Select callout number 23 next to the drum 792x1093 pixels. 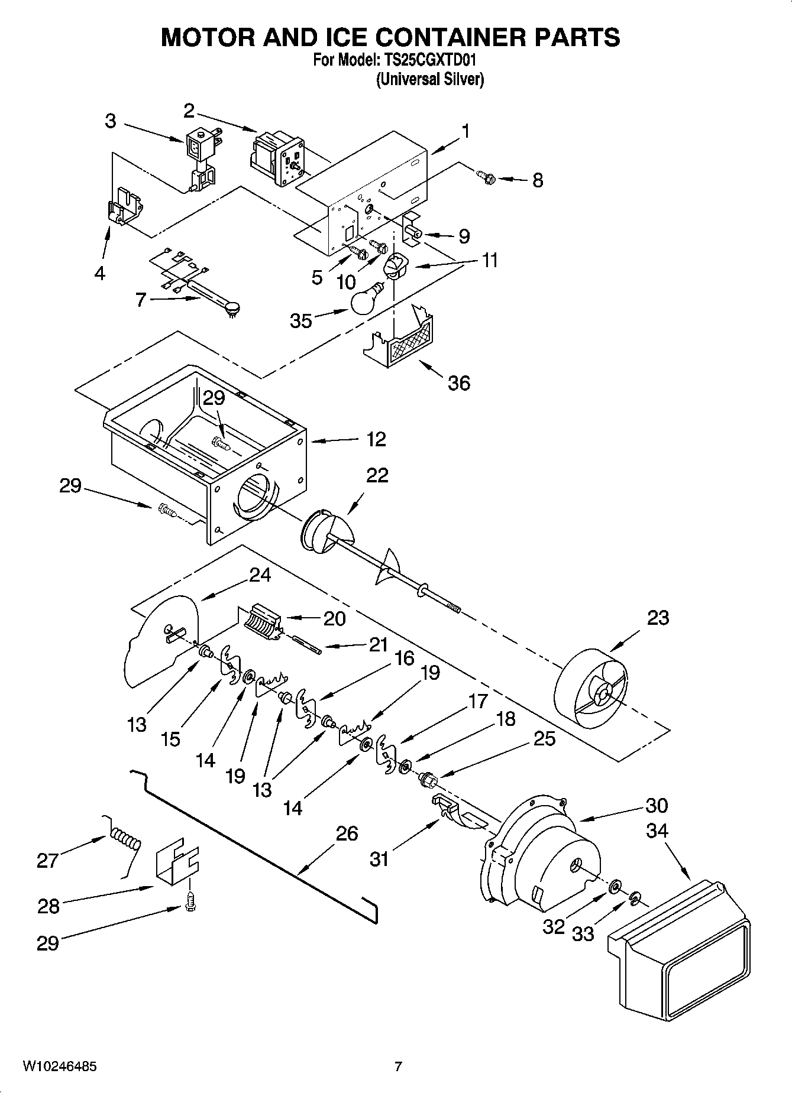[658, 618]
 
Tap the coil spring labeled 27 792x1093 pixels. [126, 839]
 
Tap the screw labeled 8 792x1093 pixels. [486, 176]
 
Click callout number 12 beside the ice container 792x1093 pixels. [376, 439]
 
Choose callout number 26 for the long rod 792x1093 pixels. [347, 833]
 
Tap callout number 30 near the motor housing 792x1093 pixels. [657, 805]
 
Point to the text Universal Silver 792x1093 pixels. [430, 79]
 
